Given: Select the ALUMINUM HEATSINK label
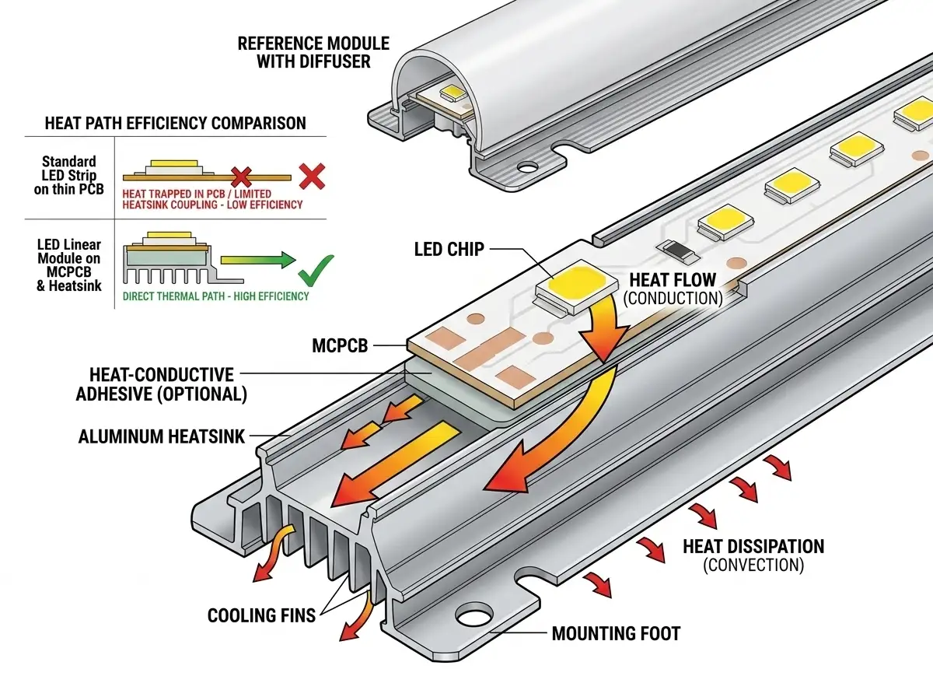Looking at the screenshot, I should tap(161, 436).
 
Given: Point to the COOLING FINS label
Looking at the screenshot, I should tap(261, 616).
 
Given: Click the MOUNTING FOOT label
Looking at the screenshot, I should tap(616, 633).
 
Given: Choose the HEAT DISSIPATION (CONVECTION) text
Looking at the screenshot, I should tap(753, 555).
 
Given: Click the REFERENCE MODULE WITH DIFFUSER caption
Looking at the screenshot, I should tap(313, 51).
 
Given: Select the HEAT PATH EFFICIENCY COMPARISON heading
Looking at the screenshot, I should tap(175, 123).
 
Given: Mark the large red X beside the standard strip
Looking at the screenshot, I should tap(312, 177).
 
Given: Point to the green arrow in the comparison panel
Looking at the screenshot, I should tap(253, 259).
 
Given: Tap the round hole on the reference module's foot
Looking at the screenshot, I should tap(529, 166).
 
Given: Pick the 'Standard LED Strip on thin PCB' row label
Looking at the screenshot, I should tap(69, 176).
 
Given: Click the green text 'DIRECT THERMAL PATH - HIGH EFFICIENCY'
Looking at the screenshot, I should tap(215, 296).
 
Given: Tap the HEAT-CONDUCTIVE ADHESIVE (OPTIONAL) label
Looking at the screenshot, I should tap(162, 385).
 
